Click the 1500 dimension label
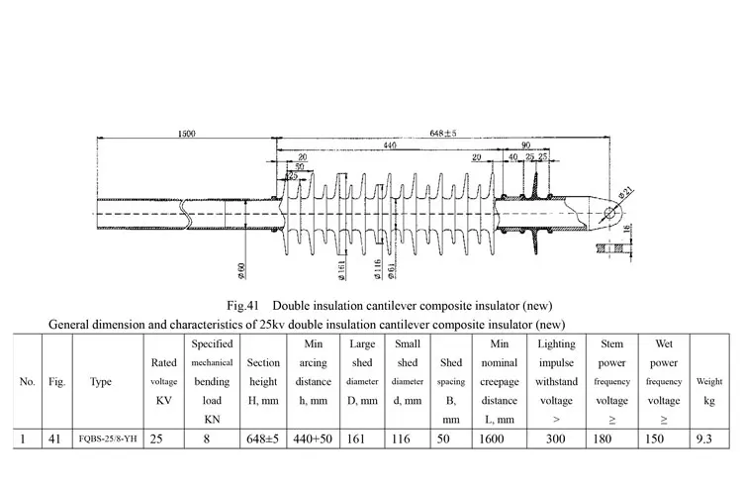(x=186, y=134)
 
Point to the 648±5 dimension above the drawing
(x=443, y=133)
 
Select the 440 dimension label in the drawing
(x=390, y=146)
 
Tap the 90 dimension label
(x=525, y=146)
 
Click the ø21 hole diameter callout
(x=625, y=194)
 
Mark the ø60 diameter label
(x=241, y=270)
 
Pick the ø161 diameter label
(x=341, y=270)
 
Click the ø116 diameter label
(x=378, y=269)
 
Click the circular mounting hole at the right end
(x=609, y=214)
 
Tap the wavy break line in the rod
(x=186, y=214)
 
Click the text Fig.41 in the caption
(x=242, y=306)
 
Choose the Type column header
(x=101, y=381)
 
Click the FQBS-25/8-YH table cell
(x=108, y=438)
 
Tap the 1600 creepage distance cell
(x=492, y=438)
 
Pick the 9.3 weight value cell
(x=704, y=438)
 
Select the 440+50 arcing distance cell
(x=313, y=438)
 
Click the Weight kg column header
(x=709, y=391)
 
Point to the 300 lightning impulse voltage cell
(x=556, y=438)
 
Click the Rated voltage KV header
(x=163, y=381)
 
